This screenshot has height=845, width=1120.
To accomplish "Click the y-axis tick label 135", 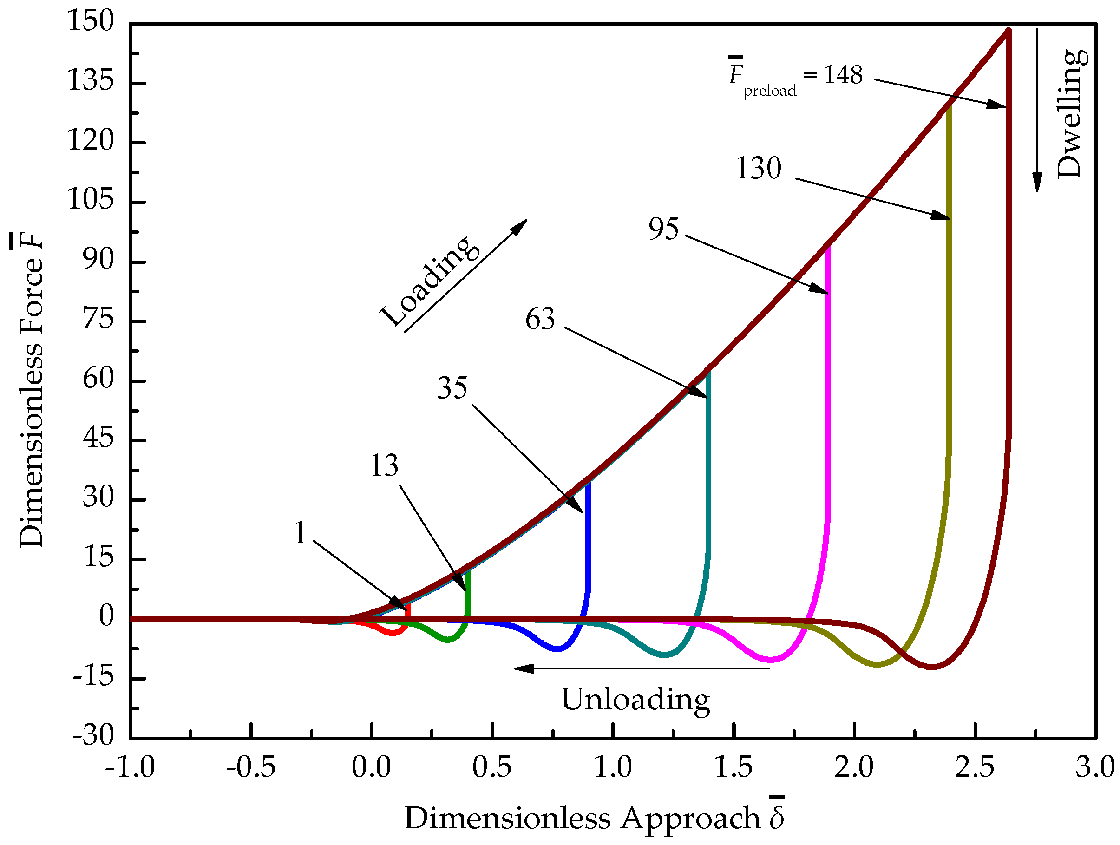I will click(x=91, y=81).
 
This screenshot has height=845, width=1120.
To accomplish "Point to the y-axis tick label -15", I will click(x=93, y=677).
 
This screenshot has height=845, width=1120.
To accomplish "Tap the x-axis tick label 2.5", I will click(x=975, y=767).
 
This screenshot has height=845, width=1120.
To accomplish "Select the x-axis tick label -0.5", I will click(x=251, y=767).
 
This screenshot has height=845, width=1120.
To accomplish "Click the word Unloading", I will click(x=635, y=700).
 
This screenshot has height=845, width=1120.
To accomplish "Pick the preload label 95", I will click(x=663, y=229).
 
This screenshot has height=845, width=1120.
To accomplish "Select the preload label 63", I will click(x=540, y=320).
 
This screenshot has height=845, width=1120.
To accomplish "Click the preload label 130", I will click(x=759, y=169).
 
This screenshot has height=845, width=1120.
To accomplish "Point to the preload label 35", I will click(x=452, y=388).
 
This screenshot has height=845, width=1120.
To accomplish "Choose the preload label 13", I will click(x=384, y=466).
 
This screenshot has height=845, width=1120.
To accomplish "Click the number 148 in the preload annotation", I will click(x=843, y=75).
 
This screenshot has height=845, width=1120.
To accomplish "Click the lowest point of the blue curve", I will click(x=557, y=649).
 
